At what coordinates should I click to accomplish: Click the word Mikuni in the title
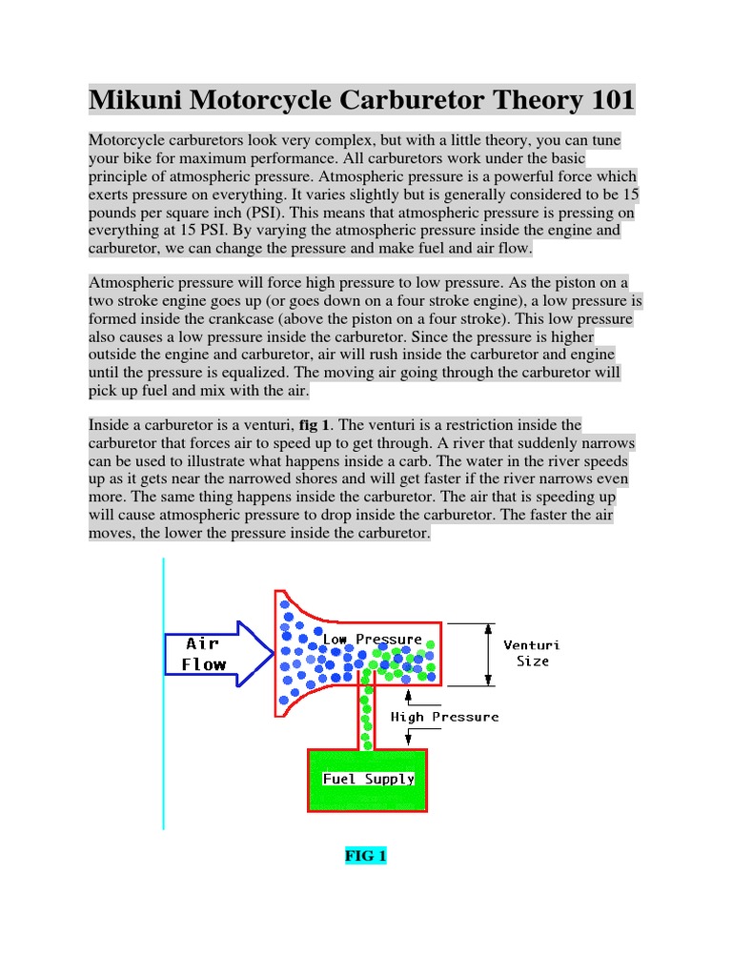pyautogui.click(x=133, y=99)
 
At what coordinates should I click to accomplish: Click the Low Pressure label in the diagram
pyautogui.click(x=372, y=639)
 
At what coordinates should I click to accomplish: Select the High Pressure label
pyautogui.click(x=444, y=717)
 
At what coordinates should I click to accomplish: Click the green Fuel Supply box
pyautogui.click(x=368, y=779)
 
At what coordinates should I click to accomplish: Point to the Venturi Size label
pyautogui.click(x=532, y=653)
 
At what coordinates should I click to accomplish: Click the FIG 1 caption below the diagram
pyautogui.click(x=366, y=856)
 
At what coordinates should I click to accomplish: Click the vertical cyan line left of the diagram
pyautogui.click(x=163, y=696)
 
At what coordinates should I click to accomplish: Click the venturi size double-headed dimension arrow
pyautogui.click(x=489, y=654)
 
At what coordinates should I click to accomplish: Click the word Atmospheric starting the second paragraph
pyautogui.click(x=131, y=283)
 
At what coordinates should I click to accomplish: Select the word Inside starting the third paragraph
pyautogui.click(x=110, y=424)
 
